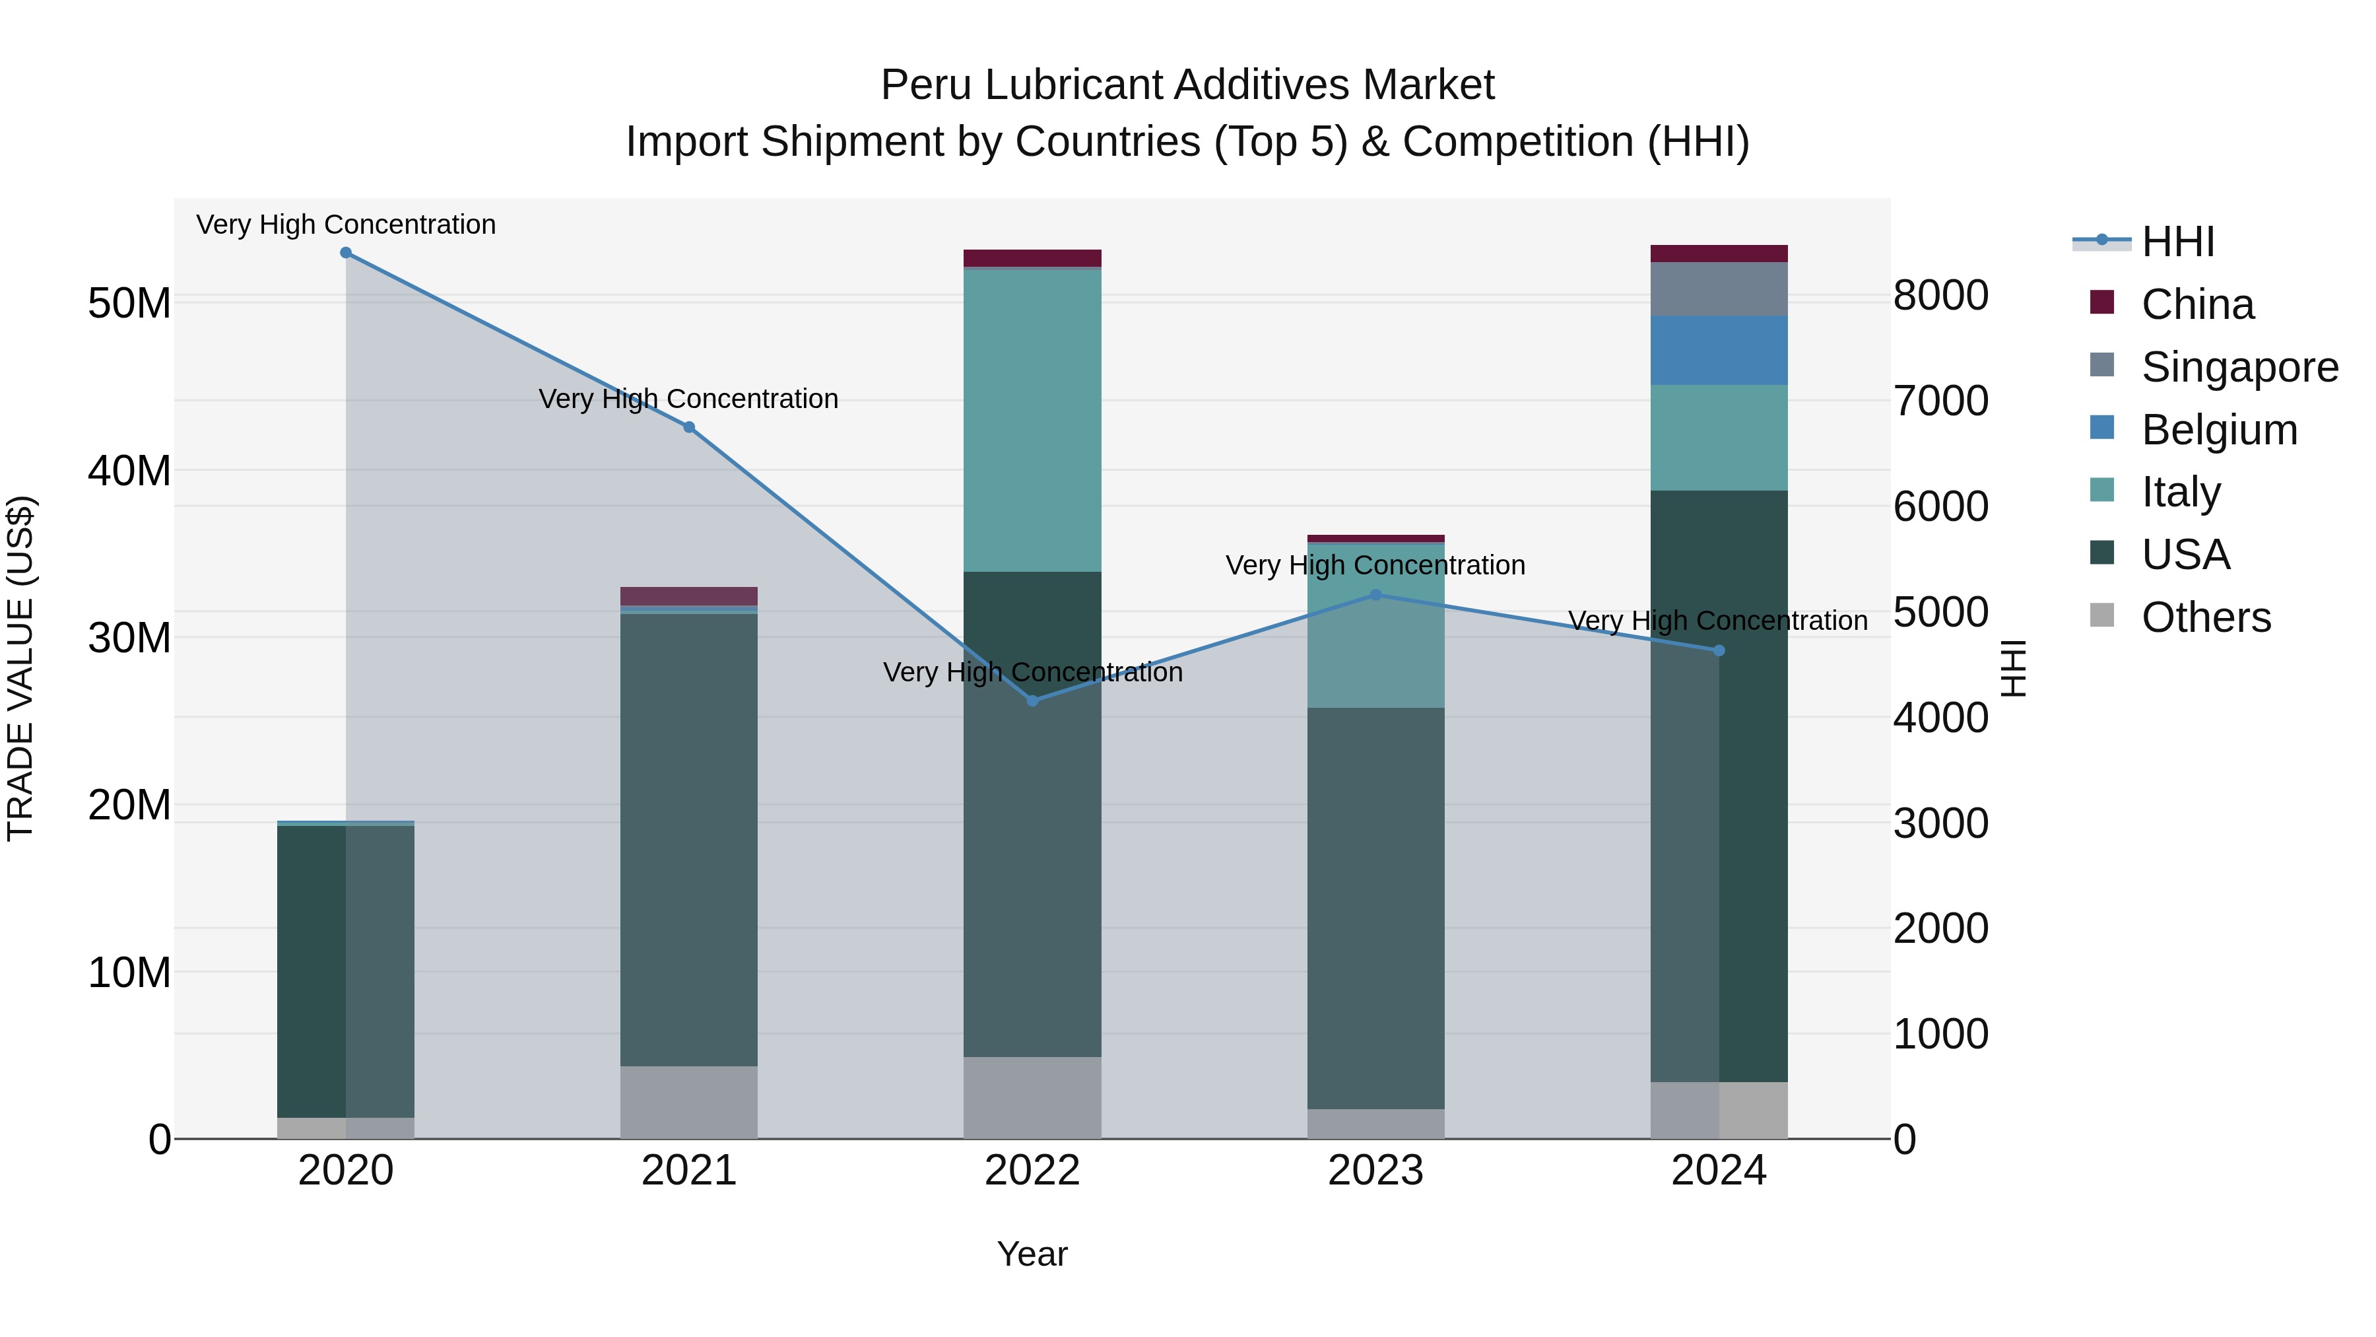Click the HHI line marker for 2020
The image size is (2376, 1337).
pyautogui.click(x=346, y=253)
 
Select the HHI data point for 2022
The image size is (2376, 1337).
pyautogui.click(x=1032, y=701)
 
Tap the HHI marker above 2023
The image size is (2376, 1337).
pyautogui.click(x=1375, y=595)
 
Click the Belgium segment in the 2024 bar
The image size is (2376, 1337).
pyautogui.click(x=1719, y=351)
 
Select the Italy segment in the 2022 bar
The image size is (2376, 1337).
pyautogui.click(x=1032, y=420)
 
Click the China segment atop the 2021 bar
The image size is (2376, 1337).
pyautogui.click(x=688, y=596)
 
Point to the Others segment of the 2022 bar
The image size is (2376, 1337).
pyautogui.click(x=1032, y=1097)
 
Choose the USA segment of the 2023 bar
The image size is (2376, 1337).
pyautogui.click(x=1375, y=909)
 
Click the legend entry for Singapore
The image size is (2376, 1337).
pyautogui.click(x=2239, y=367)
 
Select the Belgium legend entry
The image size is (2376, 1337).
pyautogui.click(x=2218, y=430)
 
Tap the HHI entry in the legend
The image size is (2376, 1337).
pyautogui.click(x=2177, y=242)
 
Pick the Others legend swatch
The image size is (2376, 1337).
pyautogui.click(x=2102, y=615)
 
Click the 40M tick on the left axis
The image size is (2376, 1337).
pyautogui.click(x=129, y=471)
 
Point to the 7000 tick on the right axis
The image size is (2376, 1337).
pyautogui.click(x=1940, y=401)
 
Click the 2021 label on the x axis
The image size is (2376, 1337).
pyautogui.click(x=688, y=1171)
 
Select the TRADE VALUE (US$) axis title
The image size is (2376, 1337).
pyautogui.click(x=20, y=668)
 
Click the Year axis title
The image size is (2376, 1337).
pyautogui.click(x=1032, y=1254)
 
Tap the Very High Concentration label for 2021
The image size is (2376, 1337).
pyautogui.click(x=688, y=399)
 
